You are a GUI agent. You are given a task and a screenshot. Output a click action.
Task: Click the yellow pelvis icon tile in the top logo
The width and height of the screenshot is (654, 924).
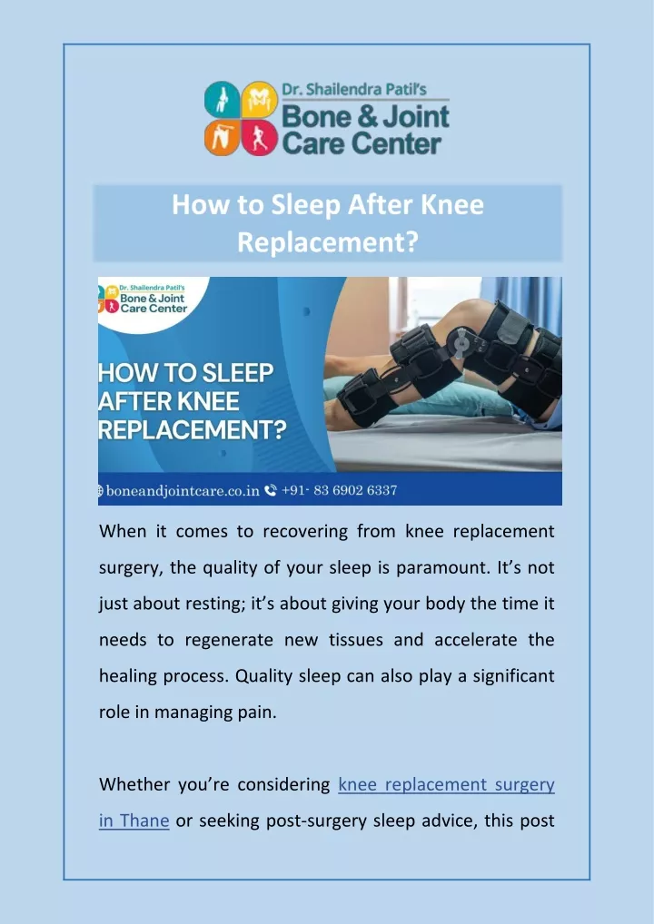click(x=260, y=99)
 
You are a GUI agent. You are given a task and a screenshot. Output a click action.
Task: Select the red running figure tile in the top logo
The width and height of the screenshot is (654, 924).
click(x=260, y=137)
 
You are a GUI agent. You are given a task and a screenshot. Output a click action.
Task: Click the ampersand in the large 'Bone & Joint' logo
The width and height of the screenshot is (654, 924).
click(x=356, y=117)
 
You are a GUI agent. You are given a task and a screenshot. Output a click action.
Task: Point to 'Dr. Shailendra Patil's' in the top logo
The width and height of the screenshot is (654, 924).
click(x=354, y=90)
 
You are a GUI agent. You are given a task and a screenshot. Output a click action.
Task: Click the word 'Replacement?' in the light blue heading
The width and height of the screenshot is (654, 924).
click(x=328, y=241)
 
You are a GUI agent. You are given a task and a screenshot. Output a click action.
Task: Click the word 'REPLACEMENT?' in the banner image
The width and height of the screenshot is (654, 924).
click(x=193, y=429)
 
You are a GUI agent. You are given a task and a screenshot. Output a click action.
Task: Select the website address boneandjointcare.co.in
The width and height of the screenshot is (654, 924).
click(x=183, y=490)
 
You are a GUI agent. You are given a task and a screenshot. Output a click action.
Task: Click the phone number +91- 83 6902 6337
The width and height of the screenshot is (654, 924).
click(x=340, y=490)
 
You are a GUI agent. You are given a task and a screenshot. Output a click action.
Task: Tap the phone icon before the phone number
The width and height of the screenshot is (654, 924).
click(x=271, y=490)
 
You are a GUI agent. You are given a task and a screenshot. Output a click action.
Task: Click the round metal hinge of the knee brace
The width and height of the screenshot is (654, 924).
click(x=459, y=340)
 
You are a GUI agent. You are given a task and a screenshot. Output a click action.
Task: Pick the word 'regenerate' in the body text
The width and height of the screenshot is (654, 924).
click(x=229, y=641)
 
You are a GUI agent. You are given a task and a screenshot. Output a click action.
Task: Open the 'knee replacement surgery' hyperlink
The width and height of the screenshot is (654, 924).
click(x=446, y=785)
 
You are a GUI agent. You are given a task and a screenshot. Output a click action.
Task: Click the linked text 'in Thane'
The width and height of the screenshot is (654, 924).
click(x=134, y=821)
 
